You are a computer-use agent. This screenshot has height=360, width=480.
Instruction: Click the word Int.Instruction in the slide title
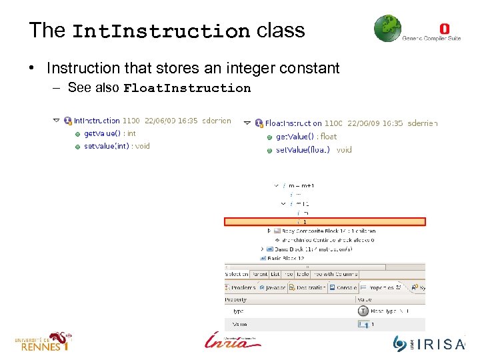coord(160,31)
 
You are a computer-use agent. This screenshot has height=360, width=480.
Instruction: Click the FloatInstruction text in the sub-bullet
coord(187,88)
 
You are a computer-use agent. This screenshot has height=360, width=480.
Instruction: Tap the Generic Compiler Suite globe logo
coord(388,29)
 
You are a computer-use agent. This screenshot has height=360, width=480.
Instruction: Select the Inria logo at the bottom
coord(233,341)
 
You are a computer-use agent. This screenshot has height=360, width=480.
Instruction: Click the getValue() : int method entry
coord(109,133)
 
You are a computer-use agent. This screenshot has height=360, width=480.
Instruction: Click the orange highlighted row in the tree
coord(325,222)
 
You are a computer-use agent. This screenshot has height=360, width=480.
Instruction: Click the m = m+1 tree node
coord(301,185)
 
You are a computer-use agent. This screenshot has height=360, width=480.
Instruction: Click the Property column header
coord(235,300)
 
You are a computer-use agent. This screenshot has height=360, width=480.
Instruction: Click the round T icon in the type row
coord(363,311)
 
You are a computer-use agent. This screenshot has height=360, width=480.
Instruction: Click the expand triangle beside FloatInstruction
coord(247,123)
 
